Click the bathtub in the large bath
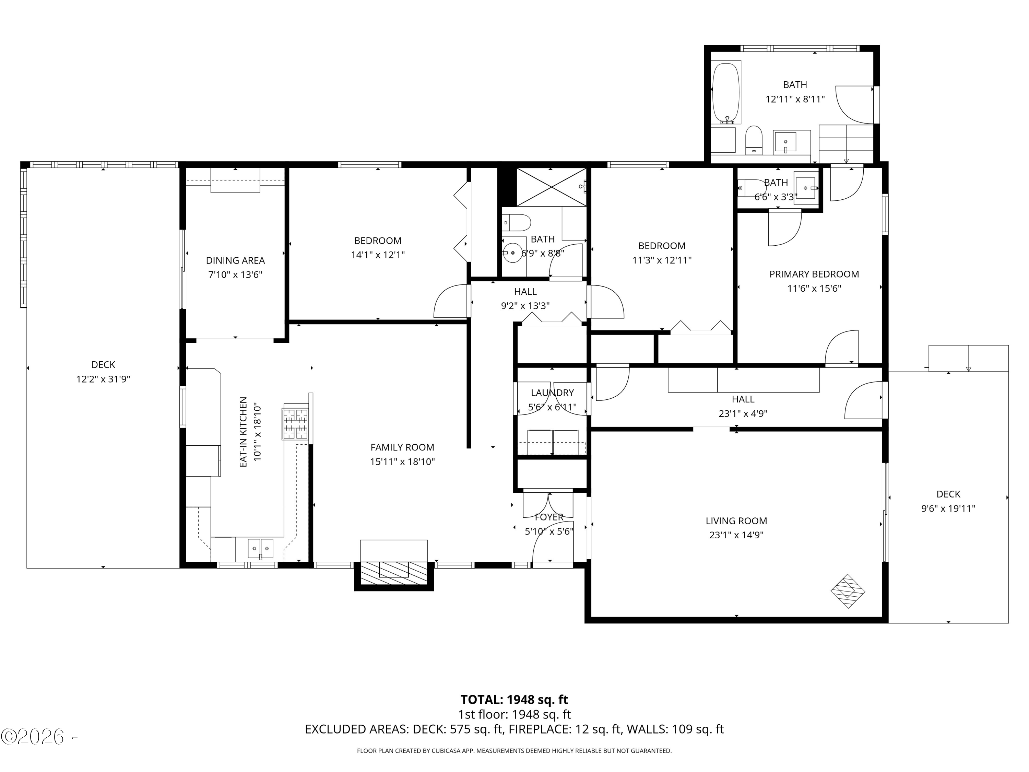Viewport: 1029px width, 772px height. click(x=726, y=92)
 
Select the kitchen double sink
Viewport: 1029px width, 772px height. click(x=260, y=549)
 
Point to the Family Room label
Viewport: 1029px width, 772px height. click(x=402, y=447)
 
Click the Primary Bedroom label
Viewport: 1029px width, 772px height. click(x=814, y=274)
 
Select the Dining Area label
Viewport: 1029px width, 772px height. click(x=235, y=260)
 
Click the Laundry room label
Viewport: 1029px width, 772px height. click(x=552, y=393)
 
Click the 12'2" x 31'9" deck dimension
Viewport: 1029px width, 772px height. click(x=103, y=379)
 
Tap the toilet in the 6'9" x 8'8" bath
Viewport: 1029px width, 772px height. click(x=516, y=222)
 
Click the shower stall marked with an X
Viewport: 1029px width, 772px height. click(x=551, y=187)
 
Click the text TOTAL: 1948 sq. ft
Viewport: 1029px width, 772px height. click(x=514, y=700)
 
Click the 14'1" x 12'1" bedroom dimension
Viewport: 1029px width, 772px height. click(x=378, y=255)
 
